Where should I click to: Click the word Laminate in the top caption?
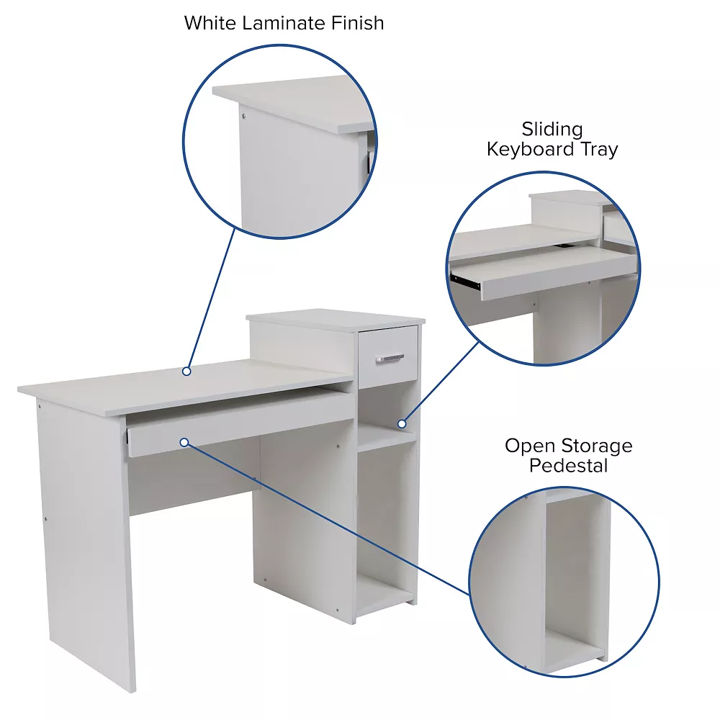click(x=285, y=22)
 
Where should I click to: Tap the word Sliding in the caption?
click(x=552, y=130)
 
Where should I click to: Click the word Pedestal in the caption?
click(x=569, y=466)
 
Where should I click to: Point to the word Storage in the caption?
click(x=598, y=446)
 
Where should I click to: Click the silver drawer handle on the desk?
click(x=390, y=357)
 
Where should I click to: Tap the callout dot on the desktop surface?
click(x=186, y=372)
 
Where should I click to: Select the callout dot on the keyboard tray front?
click(x=185, y=442)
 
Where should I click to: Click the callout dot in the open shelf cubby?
click(x=402, y=423)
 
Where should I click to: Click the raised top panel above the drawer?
click(x=335, y=317)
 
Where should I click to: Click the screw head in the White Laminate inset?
click(x=243, y=115)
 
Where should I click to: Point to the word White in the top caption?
click(x=210, y=22)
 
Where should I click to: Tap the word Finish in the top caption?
click(x=358, y=22)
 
